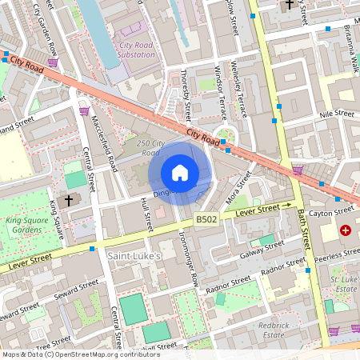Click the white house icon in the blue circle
(180, 173)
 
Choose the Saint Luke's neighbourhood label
(134, 255)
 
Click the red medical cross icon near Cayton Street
(346, 230)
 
